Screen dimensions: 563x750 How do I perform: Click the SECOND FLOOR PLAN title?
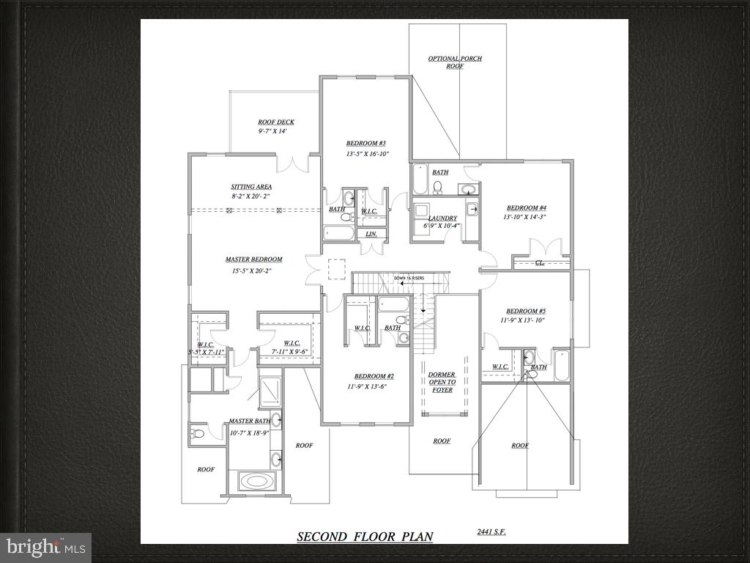[365, 537]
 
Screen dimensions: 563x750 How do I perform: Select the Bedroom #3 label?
[366, 143]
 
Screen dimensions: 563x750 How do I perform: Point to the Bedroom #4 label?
[526, 207]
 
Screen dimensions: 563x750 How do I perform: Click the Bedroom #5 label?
[525, 311]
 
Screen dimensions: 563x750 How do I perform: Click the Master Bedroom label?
[253, 260]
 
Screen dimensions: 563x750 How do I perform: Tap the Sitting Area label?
[251, 187]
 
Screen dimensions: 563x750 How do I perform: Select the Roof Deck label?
[276, 122]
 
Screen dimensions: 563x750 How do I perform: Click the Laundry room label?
[443, 218]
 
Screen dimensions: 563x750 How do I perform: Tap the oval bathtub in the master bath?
[256, 482]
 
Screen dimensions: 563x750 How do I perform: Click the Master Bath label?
[249, 421]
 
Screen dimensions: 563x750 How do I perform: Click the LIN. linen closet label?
[371, 234]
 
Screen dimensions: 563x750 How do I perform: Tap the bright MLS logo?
[45, 547]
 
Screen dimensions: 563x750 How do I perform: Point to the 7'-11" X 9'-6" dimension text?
[292, 352]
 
